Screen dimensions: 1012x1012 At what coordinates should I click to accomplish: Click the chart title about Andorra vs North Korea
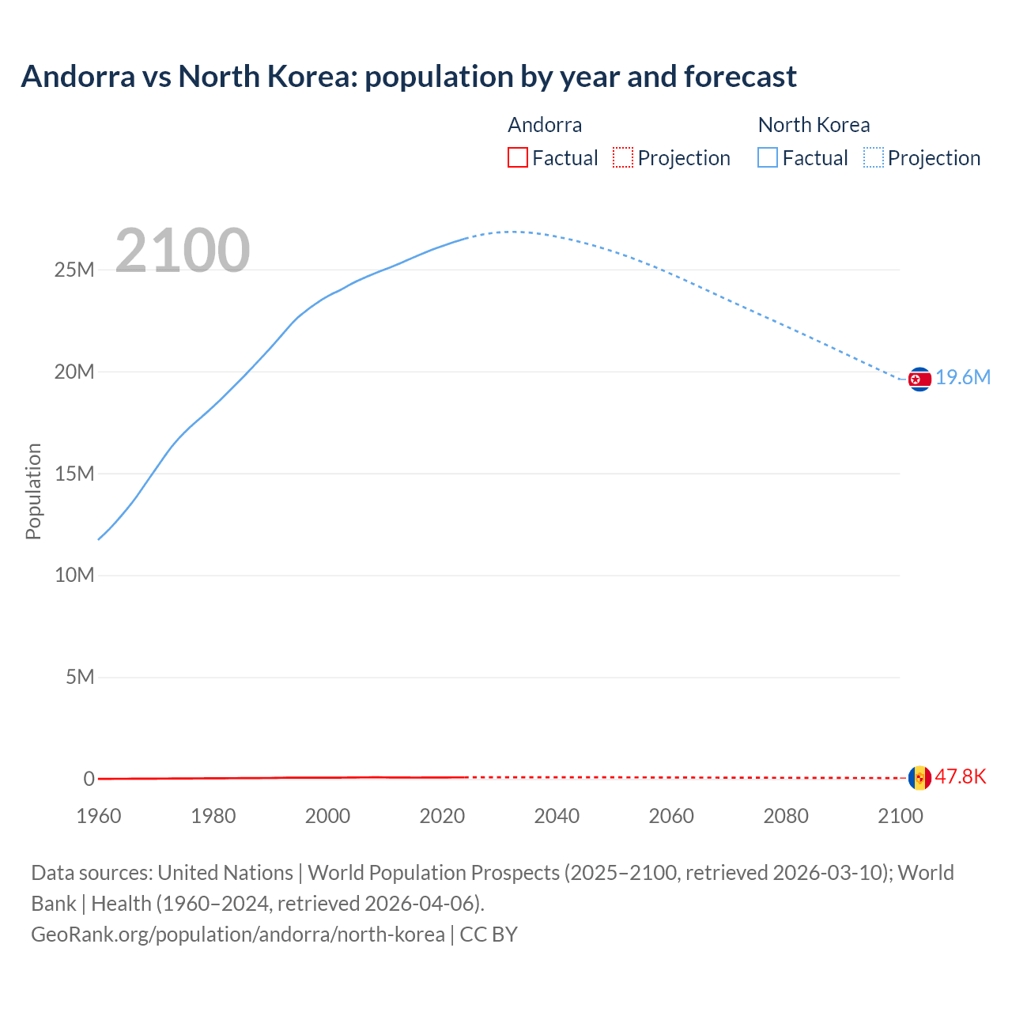pos(409,77)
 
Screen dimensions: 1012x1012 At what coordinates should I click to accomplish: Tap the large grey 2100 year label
pos(183,251)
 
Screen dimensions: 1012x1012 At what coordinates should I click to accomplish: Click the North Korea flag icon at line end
pos(919,379)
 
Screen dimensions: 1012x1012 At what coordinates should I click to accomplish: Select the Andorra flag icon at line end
pos(919,778)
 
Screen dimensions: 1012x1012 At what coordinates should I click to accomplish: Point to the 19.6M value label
pos(963,378)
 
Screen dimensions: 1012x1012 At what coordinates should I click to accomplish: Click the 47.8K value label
pos(961,777)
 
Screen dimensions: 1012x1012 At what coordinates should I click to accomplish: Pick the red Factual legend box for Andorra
pos(517,157)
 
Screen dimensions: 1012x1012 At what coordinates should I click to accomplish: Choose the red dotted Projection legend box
pos(623,157)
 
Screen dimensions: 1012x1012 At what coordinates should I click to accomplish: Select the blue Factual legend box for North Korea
pos(767,157)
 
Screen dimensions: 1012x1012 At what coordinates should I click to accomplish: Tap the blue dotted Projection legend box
pos(873,157)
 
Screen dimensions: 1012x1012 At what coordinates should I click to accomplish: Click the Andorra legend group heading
pos(545,125)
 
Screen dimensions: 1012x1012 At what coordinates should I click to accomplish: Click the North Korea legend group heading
pos(814,125)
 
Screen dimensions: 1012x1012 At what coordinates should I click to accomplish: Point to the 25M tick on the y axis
pos(74,270)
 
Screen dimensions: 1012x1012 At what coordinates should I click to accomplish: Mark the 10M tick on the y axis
pos(74,576)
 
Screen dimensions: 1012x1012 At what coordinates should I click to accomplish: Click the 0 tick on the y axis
pos(89,779)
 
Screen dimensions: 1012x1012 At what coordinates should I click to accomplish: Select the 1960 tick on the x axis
pos(99,816)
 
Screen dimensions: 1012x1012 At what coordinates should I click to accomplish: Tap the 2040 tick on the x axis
pos(557,816)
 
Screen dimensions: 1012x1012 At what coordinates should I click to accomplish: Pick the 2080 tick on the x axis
pos(786,816)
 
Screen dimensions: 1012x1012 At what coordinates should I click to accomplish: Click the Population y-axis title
pos(33,491)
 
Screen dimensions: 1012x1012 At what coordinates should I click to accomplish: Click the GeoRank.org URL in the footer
pos(237,935)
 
